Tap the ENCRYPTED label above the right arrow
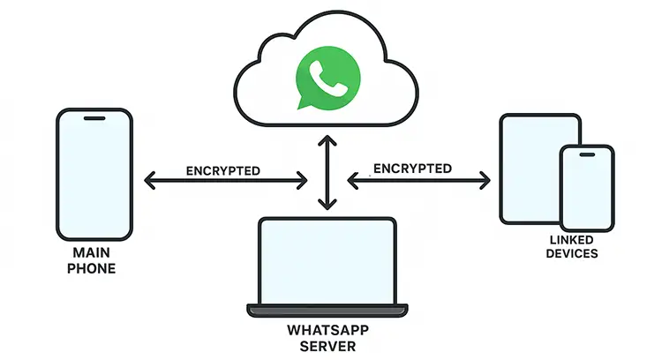(x=412, y=168)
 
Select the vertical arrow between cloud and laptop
(x=328, y=172)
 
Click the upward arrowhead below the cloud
(x=328, y=140)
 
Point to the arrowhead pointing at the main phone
(x=150, y=182)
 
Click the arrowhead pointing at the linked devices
(x=484, y=180)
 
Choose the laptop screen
(x=327, y=259)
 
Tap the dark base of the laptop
(x=327, y=311)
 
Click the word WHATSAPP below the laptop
(x=327, y=331)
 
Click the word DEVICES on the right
(x=571, y=253)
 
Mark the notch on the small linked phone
(x=585, y=153)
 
